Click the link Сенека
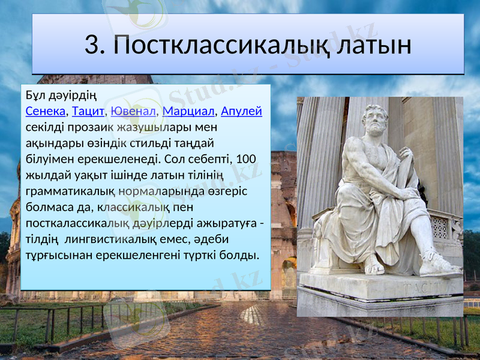click(x=46, y=112)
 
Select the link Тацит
click(x=87, y=112)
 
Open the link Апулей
click(x=242, y=112)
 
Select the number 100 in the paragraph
click(x=246, y=160)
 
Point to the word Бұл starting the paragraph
click(x=35, y=95)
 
